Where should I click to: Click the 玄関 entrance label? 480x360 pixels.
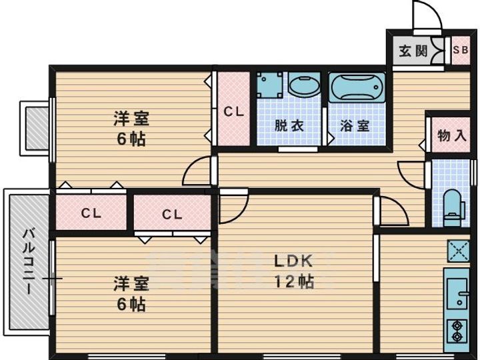(x=413, y=51)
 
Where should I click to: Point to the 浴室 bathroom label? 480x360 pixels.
(x=355, y=125)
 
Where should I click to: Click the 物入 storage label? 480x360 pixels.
(x=451, y=135)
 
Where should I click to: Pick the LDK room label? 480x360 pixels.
(x=291, y=261)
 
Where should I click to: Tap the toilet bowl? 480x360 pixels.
(x=453, y=202)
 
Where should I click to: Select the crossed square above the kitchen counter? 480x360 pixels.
(x=458, y=251)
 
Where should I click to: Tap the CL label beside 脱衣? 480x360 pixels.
(x=233, y=111)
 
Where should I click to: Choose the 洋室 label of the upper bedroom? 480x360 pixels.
(x=131, y=119)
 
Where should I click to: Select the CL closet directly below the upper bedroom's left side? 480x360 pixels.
(x=91, y=214)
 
